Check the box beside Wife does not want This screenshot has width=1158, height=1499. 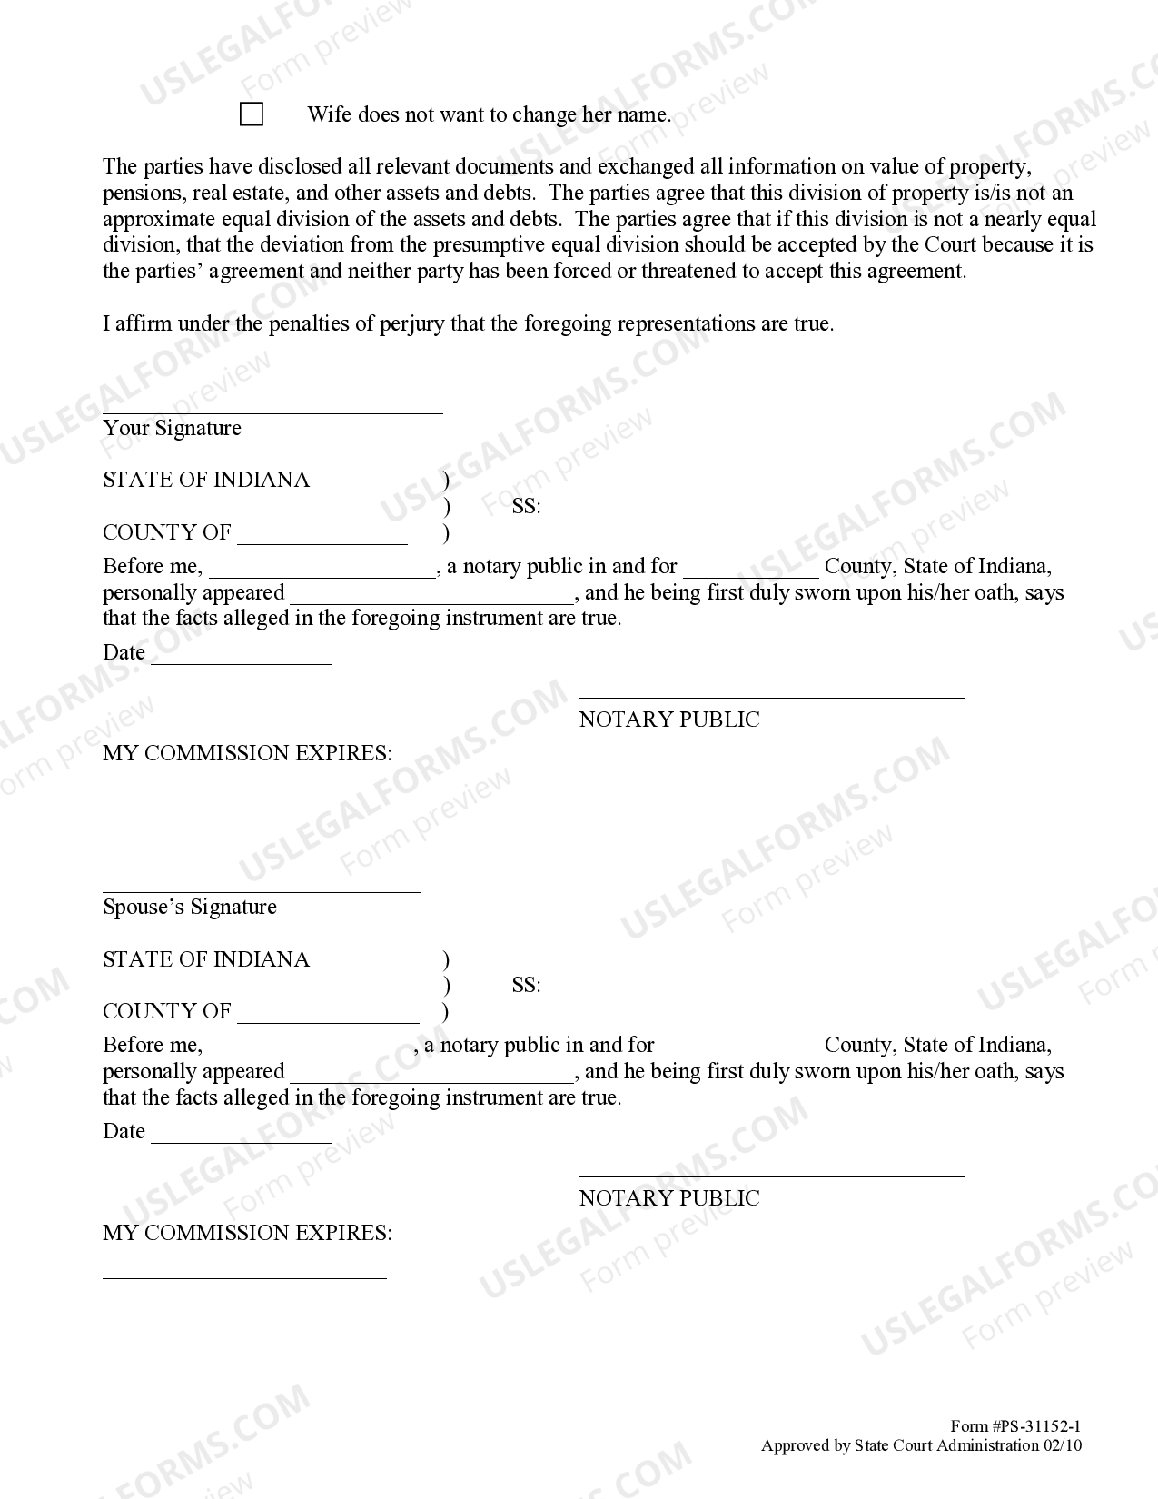click(252, 114)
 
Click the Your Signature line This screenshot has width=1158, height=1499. click(272, 412)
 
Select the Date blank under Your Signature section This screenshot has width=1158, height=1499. click(242, 662)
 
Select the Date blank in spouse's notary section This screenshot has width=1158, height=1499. click(242, 1141)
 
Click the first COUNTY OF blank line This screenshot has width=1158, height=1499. click(322, 542)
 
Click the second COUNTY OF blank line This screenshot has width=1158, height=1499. click(328, 1021)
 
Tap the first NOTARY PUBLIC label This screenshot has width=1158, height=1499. click(669, 720)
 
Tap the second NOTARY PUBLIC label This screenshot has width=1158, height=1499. click(669, 1198)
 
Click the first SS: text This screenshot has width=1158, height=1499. click(526, 507)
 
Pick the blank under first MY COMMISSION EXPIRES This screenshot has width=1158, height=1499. click(244, 797)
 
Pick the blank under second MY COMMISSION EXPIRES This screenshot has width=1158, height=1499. click(244, 1276)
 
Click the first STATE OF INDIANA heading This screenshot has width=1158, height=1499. click(206, 480)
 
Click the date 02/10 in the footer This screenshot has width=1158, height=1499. click(1062, 1445)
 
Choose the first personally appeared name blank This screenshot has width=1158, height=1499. click(431, 602)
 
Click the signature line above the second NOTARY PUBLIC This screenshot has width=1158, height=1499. click(772, 1175)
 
